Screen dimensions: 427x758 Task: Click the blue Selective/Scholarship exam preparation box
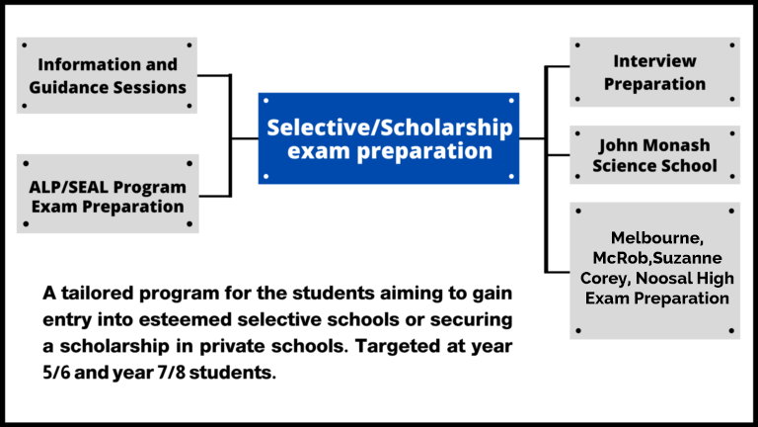coord(389,138)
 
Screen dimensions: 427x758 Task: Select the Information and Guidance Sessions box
coord(107,75)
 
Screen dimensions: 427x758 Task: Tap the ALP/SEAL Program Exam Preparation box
coord(107,195)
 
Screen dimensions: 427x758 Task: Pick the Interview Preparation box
coord(654,72)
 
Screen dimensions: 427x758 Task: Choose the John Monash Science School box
coord(654,154)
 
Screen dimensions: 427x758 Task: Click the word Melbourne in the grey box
coord(654,238)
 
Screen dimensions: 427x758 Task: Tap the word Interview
coord(654,61)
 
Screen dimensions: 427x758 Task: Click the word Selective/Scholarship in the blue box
coord(389,128)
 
